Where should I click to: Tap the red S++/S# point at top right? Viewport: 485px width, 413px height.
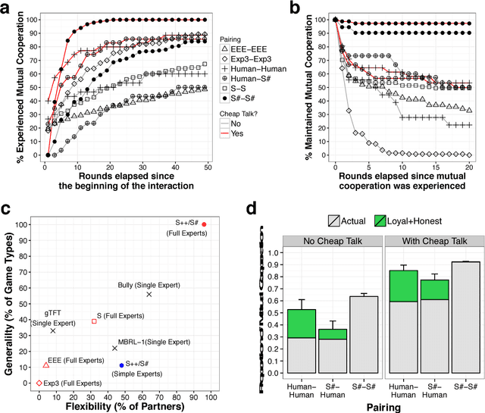204,224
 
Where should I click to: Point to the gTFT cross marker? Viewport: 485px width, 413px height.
53,330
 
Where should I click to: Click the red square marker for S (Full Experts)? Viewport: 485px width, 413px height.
94,321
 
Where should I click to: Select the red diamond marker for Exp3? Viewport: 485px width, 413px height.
39,383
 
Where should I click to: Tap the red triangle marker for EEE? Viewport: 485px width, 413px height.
45,365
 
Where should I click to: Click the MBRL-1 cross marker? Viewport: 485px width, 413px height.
114,348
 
